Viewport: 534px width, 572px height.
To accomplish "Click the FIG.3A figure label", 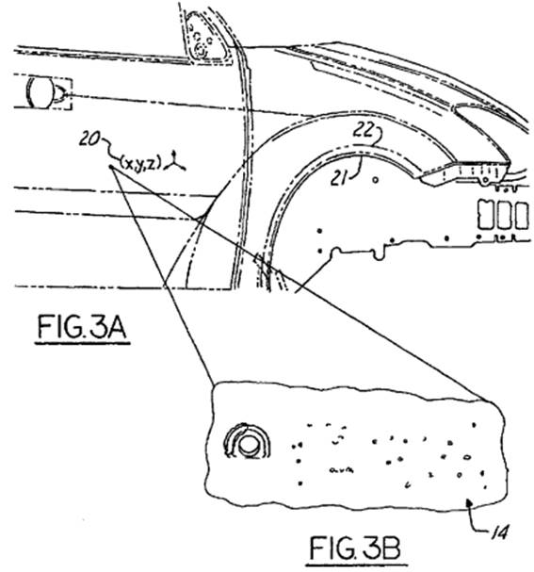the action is (82, 327).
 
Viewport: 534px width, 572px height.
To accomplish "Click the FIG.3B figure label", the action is (355, 548).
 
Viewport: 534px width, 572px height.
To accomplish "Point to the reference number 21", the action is (339, 179).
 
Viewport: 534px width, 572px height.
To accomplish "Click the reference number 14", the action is (499, 533).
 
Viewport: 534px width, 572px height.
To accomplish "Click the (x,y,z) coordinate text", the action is (140, 162).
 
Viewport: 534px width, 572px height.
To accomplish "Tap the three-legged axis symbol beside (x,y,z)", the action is (174, 163).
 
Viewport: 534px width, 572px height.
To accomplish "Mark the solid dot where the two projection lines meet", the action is (111, 167).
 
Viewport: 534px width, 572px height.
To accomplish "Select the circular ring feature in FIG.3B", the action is (248, 441).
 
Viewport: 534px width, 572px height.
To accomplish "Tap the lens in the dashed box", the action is (40, 92).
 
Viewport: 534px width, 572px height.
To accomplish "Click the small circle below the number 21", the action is (376, 179).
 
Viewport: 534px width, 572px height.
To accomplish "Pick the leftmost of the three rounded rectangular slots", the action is (485, 215).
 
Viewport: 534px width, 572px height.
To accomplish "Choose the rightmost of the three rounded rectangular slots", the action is (522, 216).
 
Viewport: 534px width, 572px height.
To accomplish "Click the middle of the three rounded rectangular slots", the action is (504, 215).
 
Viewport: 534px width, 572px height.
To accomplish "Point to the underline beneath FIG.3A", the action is (82, 343).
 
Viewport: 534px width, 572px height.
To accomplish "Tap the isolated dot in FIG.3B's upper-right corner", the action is (474, 425).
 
